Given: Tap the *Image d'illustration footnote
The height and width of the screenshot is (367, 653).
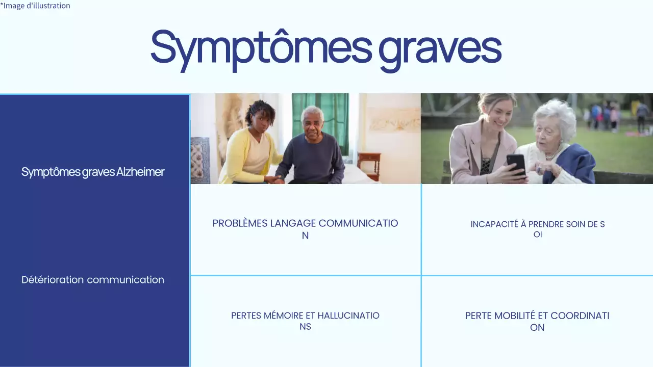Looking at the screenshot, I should coord(35,6).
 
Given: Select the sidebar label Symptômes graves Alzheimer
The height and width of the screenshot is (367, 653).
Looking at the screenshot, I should coord(93,172).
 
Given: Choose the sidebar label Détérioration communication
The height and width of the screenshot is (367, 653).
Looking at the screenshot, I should coord(93,280).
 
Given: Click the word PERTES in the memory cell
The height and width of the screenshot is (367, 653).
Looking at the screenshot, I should coord(246,316).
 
